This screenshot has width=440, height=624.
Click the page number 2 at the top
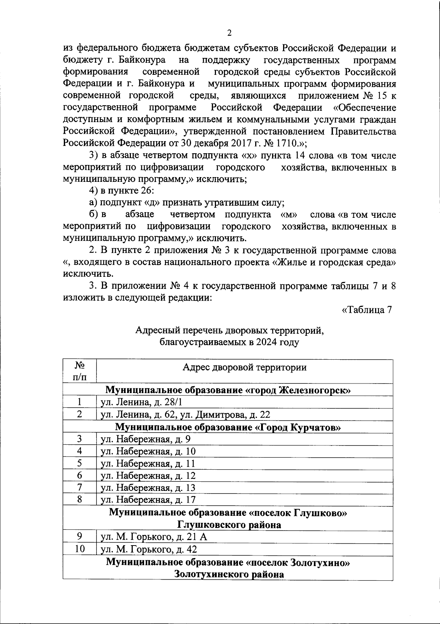pos(230,33)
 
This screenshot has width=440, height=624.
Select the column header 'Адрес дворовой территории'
pos(245,367)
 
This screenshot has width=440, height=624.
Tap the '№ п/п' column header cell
pos(80,371)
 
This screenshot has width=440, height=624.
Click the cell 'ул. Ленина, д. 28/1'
pos(141,403)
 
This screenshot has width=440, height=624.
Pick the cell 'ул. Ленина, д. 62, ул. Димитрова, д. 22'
pos(185,415)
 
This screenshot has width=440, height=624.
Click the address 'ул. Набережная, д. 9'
pos(146,439)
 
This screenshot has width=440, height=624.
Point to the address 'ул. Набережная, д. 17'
pos(148,500)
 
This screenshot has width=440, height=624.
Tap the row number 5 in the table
pos(79,463)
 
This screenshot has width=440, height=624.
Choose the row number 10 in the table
pos(79,549)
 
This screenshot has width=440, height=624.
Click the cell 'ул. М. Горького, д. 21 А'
pos(154,537)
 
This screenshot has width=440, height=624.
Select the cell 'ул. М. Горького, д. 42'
pos(149,549)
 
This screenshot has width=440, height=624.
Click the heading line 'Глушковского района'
pos(229,525)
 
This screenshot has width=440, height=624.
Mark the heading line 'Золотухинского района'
pos(229,574)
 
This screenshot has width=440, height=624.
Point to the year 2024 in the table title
pos(267,343)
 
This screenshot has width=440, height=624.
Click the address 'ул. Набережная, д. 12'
pos(148,476)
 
